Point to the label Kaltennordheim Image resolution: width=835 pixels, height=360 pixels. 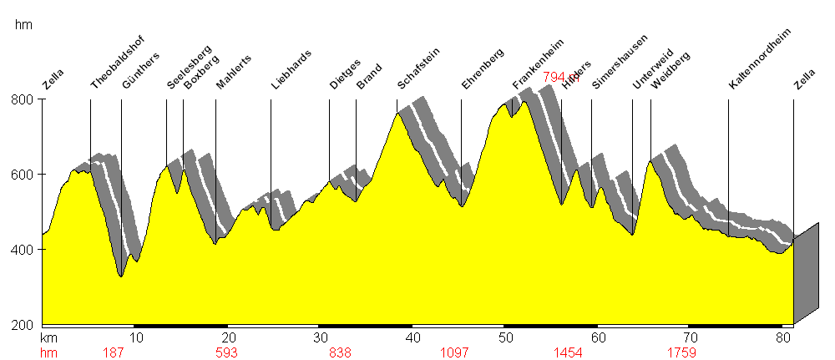(x=759, y=58)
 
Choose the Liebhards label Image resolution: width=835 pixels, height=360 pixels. (x=291, y=69)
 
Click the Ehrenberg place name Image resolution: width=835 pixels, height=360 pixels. (x=482, y=69)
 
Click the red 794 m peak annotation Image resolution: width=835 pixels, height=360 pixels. (x=560, y=77)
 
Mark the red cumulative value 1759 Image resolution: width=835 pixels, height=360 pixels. (x=682, y=352)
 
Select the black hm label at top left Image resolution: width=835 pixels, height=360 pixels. (x=23, y=25)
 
